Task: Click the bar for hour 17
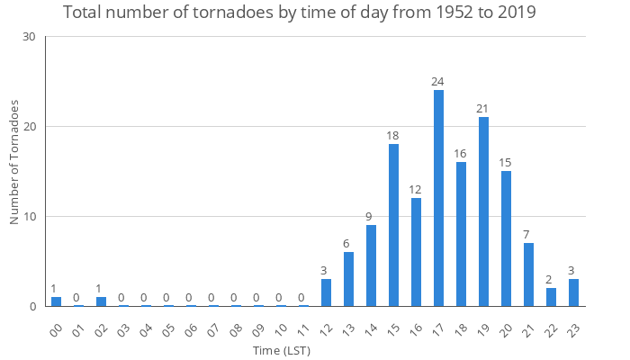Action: [438, 198]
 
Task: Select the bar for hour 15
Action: [393, 225]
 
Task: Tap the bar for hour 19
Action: [483, 211]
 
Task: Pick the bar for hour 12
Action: [326, 292]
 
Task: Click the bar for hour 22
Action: [551, 297]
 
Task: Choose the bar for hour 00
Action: [56, 301]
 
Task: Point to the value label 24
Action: [438, 82]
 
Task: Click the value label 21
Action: [483, 109]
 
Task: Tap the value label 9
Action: [371, 217]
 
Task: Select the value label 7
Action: [528, 235]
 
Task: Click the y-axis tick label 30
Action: [30, 37]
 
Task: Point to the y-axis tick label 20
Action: [30, 127]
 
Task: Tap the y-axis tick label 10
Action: [30, 217]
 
